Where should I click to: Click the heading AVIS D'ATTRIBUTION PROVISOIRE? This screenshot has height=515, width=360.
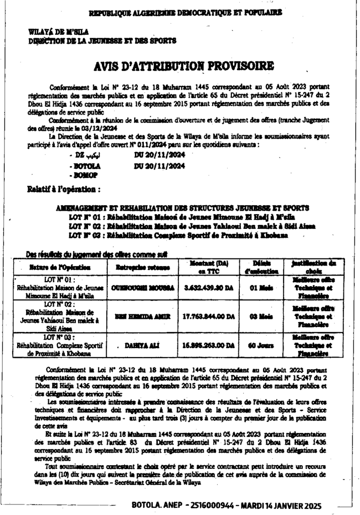click(184, 66)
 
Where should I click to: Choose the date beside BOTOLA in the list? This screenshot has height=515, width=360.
click(156, 165)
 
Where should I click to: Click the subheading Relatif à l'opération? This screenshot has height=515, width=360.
click(64, 190)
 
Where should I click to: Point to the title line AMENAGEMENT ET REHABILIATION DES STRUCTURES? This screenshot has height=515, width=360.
click(183, 208)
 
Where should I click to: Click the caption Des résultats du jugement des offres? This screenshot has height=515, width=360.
click(96, 254)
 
